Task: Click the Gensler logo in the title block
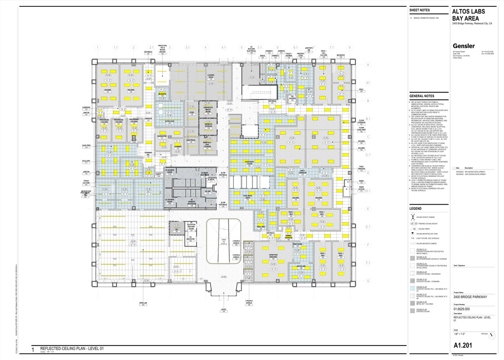[463, 46]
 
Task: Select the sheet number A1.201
[463, 346]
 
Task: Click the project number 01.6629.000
[462, 309]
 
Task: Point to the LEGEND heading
[415, 208]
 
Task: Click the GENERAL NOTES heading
[422, 96]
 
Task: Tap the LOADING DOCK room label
[211, 77]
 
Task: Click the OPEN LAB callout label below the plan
[143, 304]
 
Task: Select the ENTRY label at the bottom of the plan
[224, 310]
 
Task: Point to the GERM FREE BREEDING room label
[273, 256]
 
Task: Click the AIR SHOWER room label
[292, 97]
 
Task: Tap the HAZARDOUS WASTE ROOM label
[208, 110]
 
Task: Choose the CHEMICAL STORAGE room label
[208, 126]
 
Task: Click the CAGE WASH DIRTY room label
[248, 197]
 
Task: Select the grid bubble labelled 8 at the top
[349, 47]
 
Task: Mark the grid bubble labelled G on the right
[368, 281]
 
